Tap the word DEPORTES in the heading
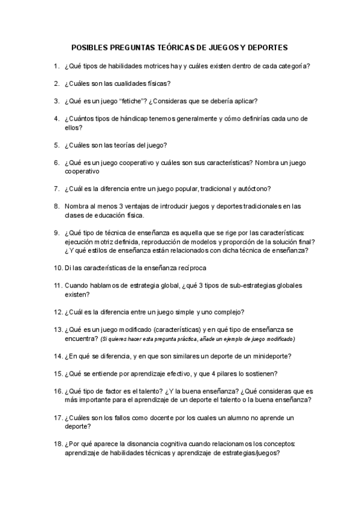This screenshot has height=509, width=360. click(266, 46)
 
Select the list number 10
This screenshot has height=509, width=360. click(58, 268)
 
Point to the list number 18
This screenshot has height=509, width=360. click(58, 444)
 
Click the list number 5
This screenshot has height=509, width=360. click(56, 145)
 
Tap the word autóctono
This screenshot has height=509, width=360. click(252, 188)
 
